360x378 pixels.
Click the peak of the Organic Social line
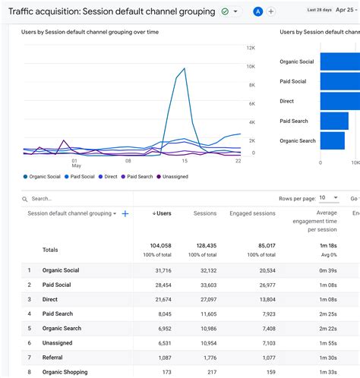point(185,68)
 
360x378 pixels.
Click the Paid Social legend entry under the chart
point(81,177)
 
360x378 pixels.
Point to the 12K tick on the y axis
point(250,48)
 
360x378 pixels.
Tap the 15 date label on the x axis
point(184,161)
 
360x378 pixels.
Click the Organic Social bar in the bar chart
point(339,61)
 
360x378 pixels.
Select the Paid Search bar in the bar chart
point(334,121)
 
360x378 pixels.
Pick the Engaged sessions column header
point(252,214)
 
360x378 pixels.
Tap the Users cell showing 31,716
point(161,270)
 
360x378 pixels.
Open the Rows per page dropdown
point(328,197)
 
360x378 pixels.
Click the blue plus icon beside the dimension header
point(125,214)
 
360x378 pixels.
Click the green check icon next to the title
point(226,11)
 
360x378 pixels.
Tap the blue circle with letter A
point(258,11)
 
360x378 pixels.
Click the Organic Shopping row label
point(65,372)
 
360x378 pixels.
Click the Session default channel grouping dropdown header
point(72,214)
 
